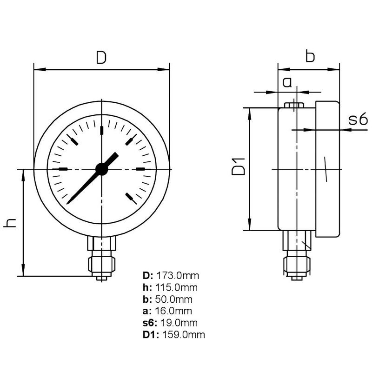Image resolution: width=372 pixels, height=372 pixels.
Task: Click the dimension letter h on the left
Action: coord(10,222)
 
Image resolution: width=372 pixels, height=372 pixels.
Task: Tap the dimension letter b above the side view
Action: coord(310,56)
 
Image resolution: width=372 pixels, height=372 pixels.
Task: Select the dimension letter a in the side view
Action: coord(287,83)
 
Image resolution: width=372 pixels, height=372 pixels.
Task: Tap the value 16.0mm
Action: coord(174,311)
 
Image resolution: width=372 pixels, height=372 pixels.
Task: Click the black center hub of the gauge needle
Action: coord(102,169)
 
